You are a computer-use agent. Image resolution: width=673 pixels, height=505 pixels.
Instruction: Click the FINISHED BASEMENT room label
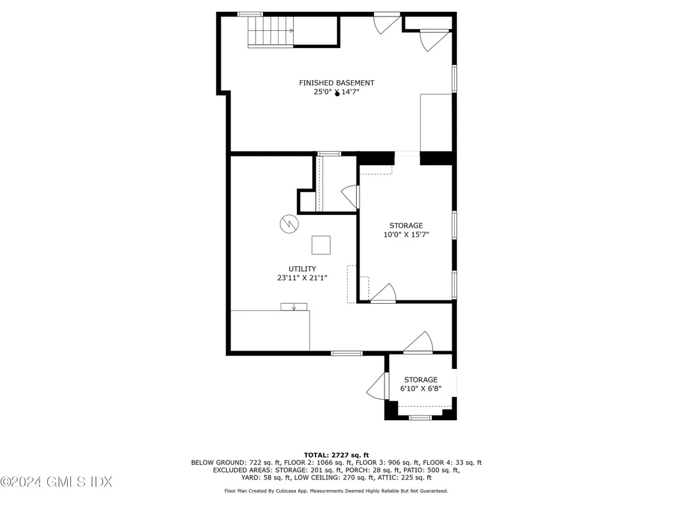tap(336, 83)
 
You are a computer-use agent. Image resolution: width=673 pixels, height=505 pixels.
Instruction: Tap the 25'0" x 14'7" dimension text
tap(336, 93)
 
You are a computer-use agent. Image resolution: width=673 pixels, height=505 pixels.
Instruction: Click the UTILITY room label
tap(302, 269)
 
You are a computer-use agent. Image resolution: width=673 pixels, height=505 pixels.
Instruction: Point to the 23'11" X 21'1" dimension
tap(302, 278)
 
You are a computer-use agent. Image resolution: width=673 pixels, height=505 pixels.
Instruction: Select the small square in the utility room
tap(321, 245)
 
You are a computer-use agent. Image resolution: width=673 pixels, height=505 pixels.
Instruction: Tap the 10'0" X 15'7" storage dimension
tap(406, 235)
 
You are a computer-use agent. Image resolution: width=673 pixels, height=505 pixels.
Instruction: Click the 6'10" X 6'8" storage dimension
tap(421, 389)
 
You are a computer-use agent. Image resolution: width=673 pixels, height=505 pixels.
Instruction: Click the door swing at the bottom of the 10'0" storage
tap(384, 293)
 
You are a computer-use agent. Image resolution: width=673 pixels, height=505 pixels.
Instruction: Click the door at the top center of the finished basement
tap(386, 22)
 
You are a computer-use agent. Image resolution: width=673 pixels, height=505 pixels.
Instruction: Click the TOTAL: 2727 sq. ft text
tap(336, 455)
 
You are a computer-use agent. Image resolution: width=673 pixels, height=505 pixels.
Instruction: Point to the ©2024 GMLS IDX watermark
tap(56, 482)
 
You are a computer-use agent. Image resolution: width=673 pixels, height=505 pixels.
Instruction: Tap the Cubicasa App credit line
tap(336, 491)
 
